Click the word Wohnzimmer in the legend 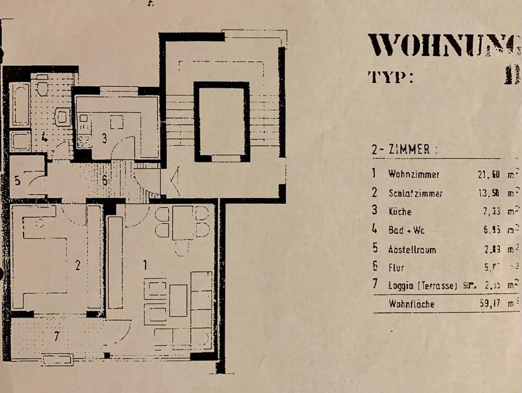click(x=414, y=174)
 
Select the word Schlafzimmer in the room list click(x=415, y=193)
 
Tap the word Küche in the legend click(x=400, y=212)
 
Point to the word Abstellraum click(x=412, y=250)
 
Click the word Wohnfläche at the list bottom click(x=412, y=304)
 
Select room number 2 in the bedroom click(x=78, y=266)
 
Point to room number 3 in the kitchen click(x=104, y=138)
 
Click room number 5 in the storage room click(x=17, y=180)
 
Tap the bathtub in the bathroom click(x=20, y=104)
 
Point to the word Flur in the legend click(x=396, y=267)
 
